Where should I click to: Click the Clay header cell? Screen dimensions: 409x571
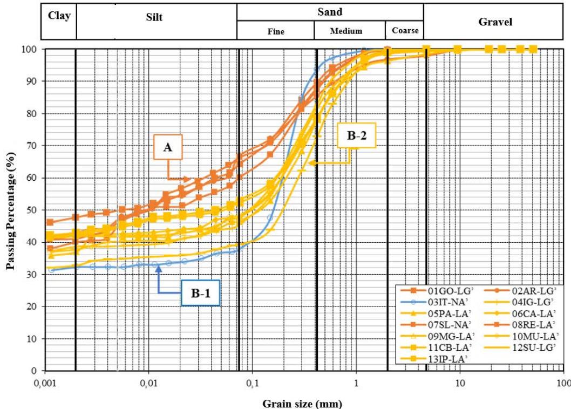[x=59, y=16]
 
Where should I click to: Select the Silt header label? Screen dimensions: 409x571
[x=154, y=17]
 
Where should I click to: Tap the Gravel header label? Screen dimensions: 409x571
[x=495, y=22]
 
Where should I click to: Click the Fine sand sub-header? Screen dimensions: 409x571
[x=276, y=31]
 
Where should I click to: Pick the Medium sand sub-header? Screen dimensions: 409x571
[x=346, y=31]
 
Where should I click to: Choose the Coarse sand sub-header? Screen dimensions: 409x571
[x=405, y=31]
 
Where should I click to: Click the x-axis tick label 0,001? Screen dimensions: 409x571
[x=45, y=383]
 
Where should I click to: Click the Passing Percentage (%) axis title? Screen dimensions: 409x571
[x=10, y=210]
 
